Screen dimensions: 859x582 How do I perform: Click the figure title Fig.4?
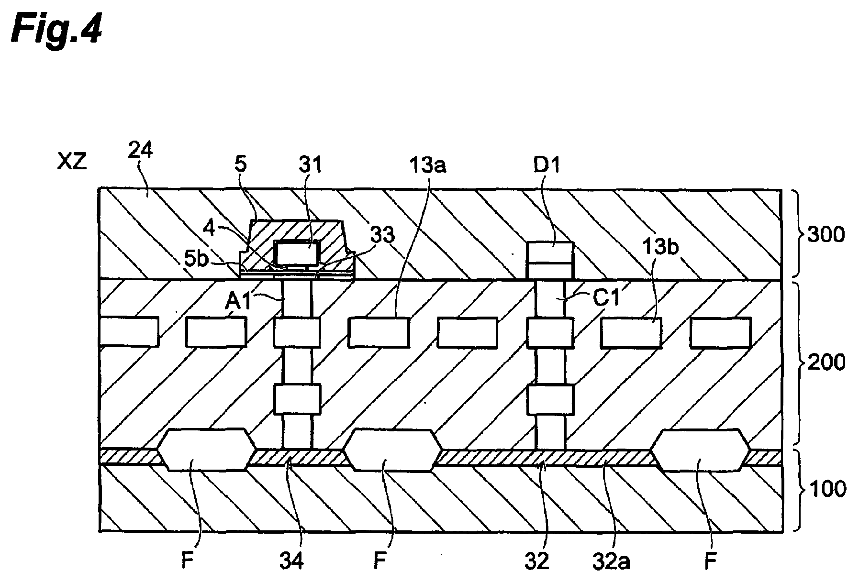[x=57, y=28]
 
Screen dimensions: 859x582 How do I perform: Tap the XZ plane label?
[x=72, y=163]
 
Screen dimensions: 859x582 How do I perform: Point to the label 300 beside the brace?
[x=826, y=235]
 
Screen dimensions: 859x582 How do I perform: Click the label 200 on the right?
[x=826, y=363]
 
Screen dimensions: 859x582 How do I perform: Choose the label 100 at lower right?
[x=826, y=489]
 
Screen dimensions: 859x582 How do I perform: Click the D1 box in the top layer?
[x=550, y=261]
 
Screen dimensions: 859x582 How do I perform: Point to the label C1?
[x=606, y=299]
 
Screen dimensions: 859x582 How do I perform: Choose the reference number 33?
[x=382, y=235]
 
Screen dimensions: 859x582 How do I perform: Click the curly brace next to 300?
[x=794, y=234]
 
